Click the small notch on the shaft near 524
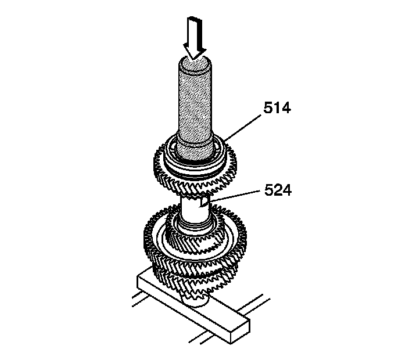pos(203,203)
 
